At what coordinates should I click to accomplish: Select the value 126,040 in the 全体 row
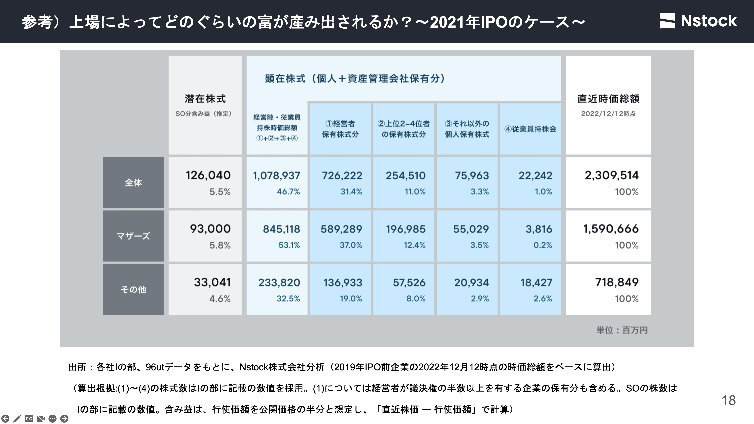click(208, 175)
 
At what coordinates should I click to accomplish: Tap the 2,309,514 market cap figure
click(611, 175)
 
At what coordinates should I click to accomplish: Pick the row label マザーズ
click(133, 236)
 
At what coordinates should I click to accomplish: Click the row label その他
click(133, 289)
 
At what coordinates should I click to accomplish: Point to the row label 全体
click(133, 183)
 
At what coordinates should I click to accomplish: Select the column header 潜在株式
click(205, 99)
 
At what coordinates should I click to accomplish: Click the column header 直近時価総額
click(608, 99)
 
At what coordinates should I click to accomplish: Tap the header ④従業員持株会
click(530, 129)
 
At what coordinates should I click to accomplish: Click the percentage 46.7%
click(288, 192)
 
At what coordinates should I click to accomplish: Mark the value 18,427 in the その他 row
click(536, 283)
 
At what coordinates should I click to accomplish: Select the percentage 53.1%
click(289, 245)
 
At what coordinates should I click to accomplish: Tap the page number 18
click(729, 400)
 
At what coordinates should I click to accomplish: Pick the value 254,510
click(405, 175)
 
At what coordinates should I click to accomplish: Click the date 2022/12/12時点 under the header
click(608, 114)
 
